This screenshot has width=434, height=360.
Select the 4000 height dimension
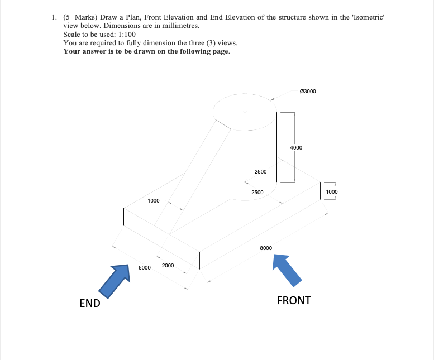[296, 148]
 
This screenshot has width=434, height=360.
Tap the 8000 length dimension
[266, 247]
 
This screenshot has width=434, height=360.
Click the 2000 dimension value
[168, 265]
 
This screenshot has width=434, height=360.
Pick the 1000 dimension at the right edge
[332, 192]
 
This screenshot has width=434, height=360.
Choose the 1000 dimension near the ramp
[154, 200]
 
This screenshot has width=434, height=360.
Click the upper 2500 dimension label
[260, 172]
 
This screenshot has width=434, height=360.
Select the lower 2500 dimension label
[257, 193]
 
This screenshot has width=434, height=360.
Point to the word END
[90, 303]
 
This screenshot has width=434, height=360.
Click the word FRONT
[294, 300]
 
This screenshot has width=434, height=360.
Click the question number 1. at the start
[53, 17]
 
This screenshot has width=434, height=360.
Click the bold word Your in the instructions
[73, 51]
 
